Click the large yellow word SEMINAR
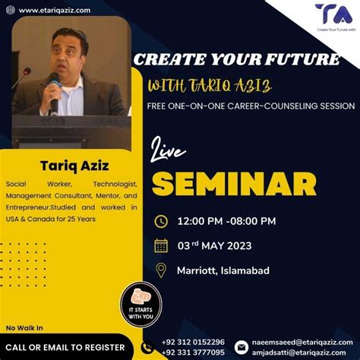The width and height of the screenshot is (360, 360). [235, 183]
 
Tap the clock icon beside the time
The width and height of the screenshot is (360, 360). [161, 222]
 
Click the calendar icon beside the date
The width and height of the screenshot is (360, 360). [161, 245]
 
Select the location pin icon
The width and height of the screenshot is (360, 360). [161, 270]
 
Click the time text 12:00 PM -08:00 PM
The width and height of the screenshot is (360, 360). [226, 222]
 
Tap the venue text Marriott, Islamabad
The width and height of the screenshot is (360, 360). [223, 270]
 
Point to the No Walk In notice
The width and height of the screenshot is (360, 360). [24, 327]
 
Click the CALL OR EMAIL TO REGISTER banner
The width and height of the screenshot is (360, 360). [65, 346]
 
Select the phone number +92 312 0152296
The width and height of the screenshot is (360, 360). [193, 342]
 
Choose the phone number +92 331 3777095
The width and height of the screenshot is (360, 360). [193, 352]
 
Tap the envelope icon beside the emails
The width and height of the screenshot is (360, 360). [242, 348]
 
